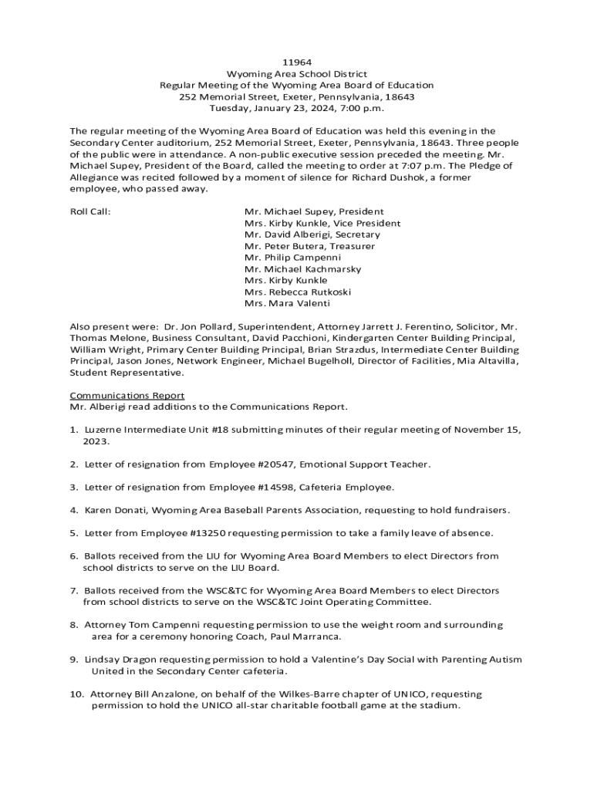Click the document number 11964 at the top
click(296, 61)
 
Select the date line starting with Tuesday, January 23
click(296, 108)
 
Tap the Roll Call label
click(90, 211)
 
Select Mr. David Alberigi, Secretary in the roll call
click(312, 235)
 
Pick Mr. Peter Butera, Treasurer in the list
click(309, 246)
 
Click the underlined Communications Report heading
click(127, 396)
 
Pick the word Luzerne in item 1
click(105, 430)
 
